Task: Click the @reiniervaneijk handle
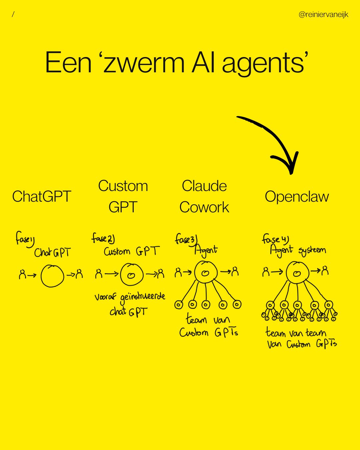point(323,15)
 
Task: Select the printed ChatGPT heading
point(42,196)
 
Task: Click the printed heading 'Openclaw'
point(297,196)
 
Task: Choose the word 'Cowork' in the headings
point(204,207)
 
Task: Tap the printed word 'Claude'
point(204,186)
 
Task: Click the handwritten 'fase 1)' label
point(25,239)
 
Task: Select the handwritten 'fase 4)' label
point(275,239)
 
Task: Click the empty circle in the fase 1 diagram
point(52,276)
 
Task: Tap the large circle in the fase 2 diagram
point(132,275)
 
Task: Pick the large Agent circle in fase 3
point(206,272)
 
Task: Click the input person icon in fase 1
point(22,275)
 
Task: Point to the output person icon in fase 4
point(325,270)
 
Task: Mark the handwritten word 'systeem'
point(312,251)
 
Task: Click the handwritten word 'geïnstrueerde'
point(143,297)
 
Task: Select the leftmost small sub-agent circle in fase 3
point(179,305)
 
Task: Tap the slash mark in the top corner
point(13,14)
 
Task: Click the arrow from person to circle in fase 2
point(111,274)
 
